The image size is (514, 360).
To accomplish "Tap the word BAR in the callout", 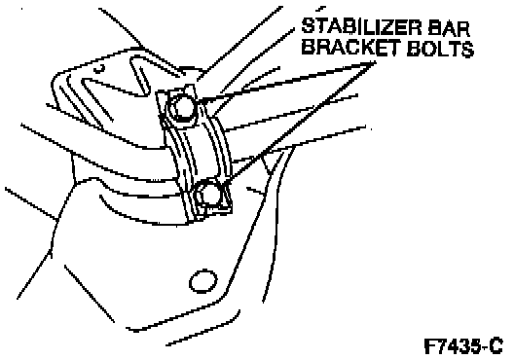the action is pyautogui.click(x=452, y=27).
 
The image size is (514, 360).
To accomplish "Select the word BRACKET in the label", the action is pyautogui.click(x=350, y=48).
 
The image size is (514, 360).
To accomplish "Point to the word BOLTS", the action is pyautogui.click(x=441, y=49).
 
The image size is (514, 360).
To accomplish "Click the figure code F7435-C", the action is pyautogui.click(x=463, y=346).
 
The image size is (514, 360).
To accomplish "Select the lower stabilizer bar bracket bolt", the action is pyautogui.click(x=208, y=195).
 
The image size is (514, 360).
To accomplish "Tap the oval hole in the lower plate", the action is pyautogui.click(x=202, y=281).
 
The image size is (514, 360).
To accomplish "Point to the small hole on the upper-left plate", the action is pyautogui.click(x=100, y=69).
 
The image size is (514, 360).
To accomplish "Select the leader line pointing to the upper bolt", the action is pyautogui.click(x=286, y=80).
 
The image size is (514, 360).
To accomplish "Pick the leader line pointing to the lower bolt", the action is pyautogui.click(x=301, y=122).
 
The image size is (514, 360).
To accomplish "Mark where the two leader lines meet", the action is pyautogui.click(x=375, y=62).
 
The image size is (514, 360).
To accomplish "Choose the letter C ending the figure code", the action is pyautogui.click(x=496, y=346).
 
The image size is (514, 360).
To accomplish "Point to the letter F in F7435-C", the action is pyautogui.click(x=430, y=346).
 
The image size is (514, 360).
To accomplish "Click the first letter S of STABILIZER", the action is pyautogui.click(x=309, y=26).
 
